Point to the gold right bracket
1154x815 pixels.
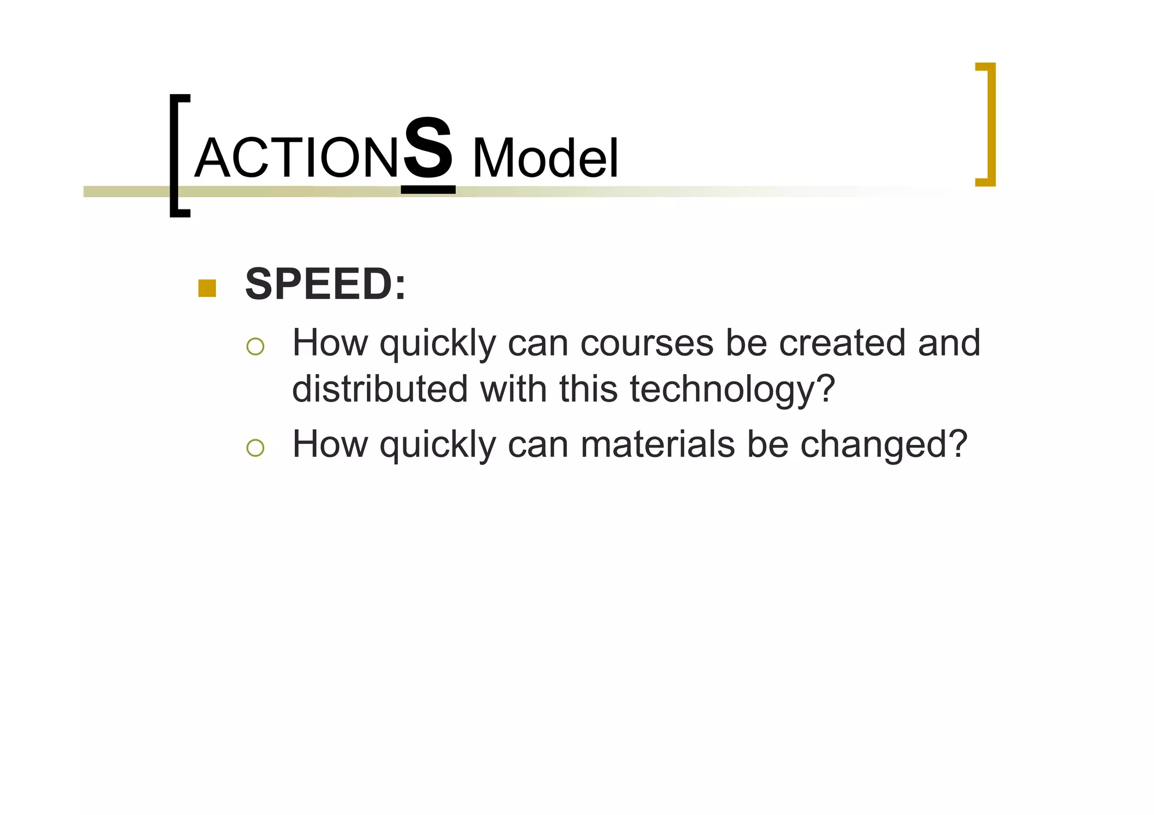pyautogui.click(x=987, y=124)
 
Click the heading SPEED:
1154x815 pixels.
pyautogui.click(x=325, y=284)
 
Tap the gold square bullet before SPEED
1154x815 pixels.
pyautogui.click(x=207, y=288)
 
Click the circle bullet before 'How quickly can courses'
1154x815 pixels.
pyautogui.click(x=255, y=346)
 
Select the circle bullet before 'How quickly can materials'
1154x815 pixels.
pyautogui.click(x=255, y=448)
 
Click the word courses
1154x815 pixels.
pyautogui.click(x=647, y=343)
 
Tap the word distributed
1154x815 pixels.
pyautogui.click(x=380, y=389)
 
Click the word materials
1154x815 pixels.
pyautogui.click(x=658, y=444)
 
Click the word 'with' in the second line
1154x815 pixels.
pyautogui.click(x=513, y=389)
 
